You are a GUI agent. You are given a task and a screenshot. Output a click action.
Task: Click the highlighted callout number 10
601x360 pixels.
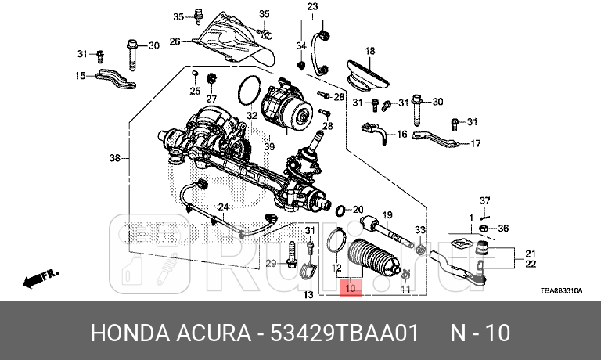[351, 289]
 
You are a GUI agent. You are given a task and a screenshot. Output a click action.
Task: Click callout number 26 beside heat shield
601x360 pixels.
[175, 41]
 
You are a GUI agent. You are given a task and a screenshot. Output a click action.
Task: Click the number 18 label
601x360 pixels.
[370, 51]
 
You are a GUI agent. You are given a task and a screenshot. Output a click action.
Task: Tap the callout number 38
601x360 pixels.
[115, 158]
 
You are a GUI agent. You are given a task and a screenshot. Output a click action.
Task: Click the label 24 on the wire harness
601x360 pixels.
[222, 207]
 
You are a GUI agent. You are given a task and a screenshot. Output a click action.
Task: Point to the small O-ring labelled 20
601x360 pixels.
[341, 211]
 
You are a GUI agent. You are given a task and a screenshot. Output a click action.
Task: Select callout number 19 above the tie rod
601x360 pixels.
[387, 215]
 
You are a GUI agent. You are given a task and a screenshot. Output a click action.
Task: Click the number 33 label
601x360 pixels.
[420, 229]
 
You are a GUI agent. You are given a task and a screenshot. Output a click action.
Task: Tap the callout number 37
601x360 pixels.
[484, 200]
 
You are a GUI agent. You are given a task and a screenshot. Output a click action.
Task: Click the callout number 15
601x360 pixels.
[80, 76]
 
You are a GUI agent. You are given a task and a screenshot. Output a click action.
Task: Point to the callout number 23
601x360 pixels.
[312, 7]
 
